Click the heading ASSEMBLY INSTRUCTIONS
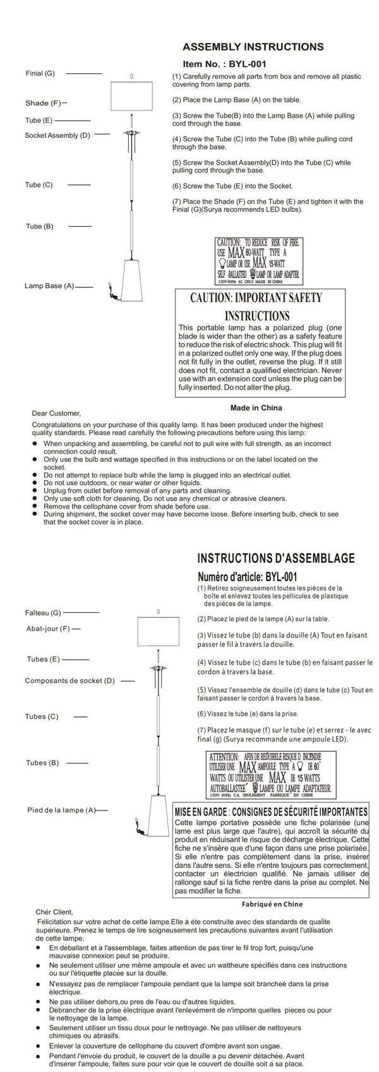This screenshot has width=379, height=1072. coord(253,47)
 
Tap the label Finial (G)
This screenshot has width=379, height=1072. coord(40,73)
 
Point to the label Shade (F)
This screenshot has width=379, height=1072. coord(43,102)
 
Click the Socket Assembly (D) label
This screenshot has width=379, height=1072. coord(57,135)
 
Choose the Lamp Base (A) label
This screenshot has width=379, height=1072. coord(49,286)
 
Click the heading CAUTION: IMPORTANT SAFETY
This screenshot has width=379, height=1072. coord(256,298)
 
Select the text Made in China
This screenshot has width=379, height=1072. coord(256,407)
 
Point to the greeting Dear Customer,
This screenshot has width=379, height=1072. coord(56,413)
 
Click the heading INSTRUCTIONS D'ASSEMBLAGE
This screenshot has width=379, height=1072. coord(276,558)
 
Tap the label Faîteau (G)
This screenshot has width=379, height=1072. coord(43,612)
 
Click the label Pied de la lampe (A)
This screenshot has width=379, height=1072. coord(61,809)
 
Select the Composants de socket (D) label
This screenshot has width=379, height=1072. coord(69,681)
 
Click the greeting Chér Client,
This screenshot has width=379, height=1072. coord(55,912)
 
